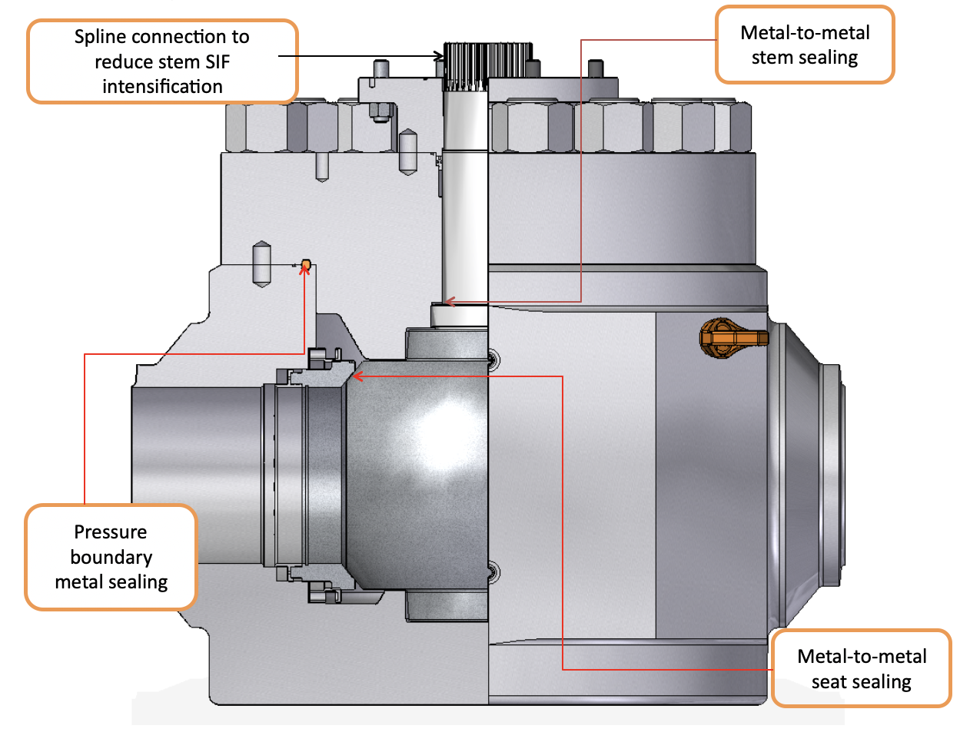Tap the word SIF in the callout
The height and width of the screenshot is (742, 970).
pyautogui.click(x=218, y=62)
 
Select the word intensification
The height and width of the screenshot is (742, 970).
pyautogui.click(x=162, y=87)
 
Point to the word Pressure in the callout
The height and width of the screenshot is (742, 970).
pyautogui.click(x=111, y=532)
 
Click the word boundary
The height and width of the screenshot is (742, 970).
pyautogui.click(x=111, y=557)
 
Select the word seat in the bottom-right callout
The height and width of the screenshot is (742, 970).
pyautogui.click(x=829, y=682)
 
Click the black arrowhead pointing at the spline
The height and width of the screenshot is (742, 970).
pyautogui.click(x=439, y=55)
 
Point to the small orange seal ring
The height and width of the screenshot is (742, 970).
pyautogui.click(x=305, y=265)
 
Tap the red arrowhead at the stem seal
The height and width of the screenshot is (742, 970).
pyautogui.click(x=449, y=302)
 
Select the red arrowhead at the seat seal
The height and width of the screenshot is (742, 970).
pyautogui.click(x=357, y=376)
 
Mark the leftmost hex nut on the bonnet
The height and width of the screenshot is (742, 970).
pyautogui.click(x=246, y=128)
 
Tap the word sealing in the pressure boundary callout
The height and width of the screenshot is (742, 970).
pyautogui.click(x=138, y=582)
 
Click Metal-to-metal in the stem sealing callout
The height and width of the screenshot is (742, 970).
pyautogui.click(x=805, y=33)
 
